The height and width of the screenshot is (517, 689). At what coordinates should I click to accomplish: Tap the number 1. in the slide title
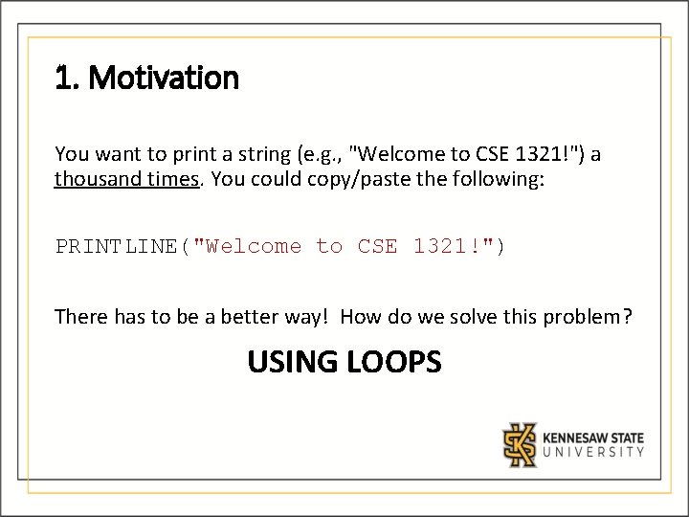tap(65, 79)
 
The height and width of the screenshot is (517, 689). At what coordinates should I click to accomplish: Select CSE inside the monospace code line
tap(378, 247)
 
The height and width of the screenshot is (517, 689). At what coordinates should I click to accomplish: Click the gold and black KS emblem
tap(521, 444)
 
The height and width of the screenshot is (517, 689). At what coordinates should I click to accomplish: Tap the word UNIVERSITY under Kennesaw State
tap(593, 453)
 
